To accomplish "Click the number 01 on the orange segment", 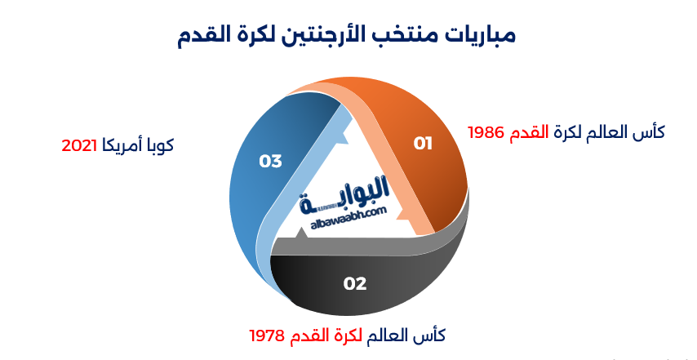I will point(423,144).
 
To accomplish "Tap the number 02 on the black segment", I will point(355,284).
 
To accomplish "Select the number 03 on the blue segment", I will point(270,161).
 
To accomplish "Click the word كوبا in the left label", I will point(159,146).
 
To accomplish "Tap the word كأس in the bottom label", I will point(433,336).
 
